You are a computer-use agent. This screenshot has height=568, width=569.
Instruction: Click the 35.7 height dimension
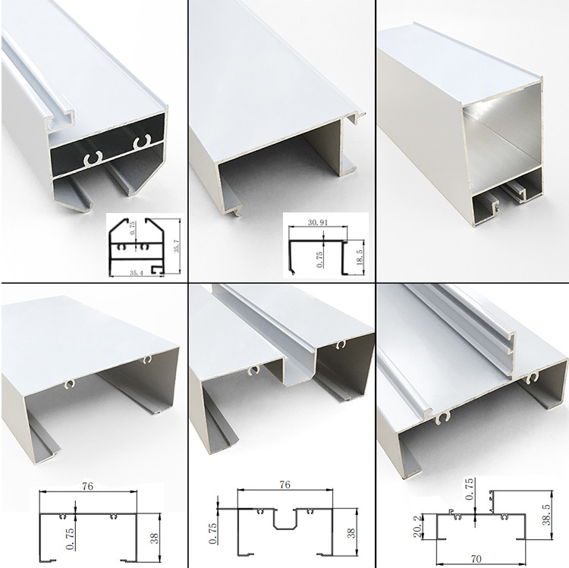coord(177,246)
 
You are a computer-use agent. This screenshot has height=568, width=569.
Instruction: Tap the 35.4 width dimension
coord(137,273)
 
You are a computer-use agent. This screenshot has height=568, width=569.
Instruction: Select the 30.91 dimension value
coord(318,222)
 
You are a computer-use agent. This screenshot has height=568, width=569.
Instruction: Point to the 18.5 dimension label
coord(360,257)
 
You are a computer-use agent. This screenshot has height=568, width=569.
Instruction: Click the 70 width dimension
coord(476,558)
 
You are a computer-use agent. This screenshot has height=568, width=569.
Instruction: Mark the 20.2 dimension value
coord(417,526)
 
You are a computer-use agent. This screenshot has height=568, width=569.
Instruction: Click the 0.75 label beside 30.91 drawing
coord(319,259)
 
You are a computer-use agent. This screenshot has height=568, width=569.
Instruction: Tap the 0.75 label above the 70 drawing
coord(469,489)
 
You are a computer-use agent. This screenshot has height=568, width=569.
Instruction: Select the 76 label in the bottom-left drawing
coord(87,486)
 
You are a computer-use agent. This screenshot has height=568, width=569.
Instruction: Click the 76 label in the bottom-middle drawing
coord(284,485)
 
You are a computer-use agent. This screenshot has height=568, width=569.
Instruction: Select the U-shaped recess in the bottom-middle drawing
coord(284,519)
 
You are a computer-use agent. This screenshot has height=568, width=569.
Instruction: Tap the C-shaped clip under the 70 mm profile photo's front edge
coord(442,418)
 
